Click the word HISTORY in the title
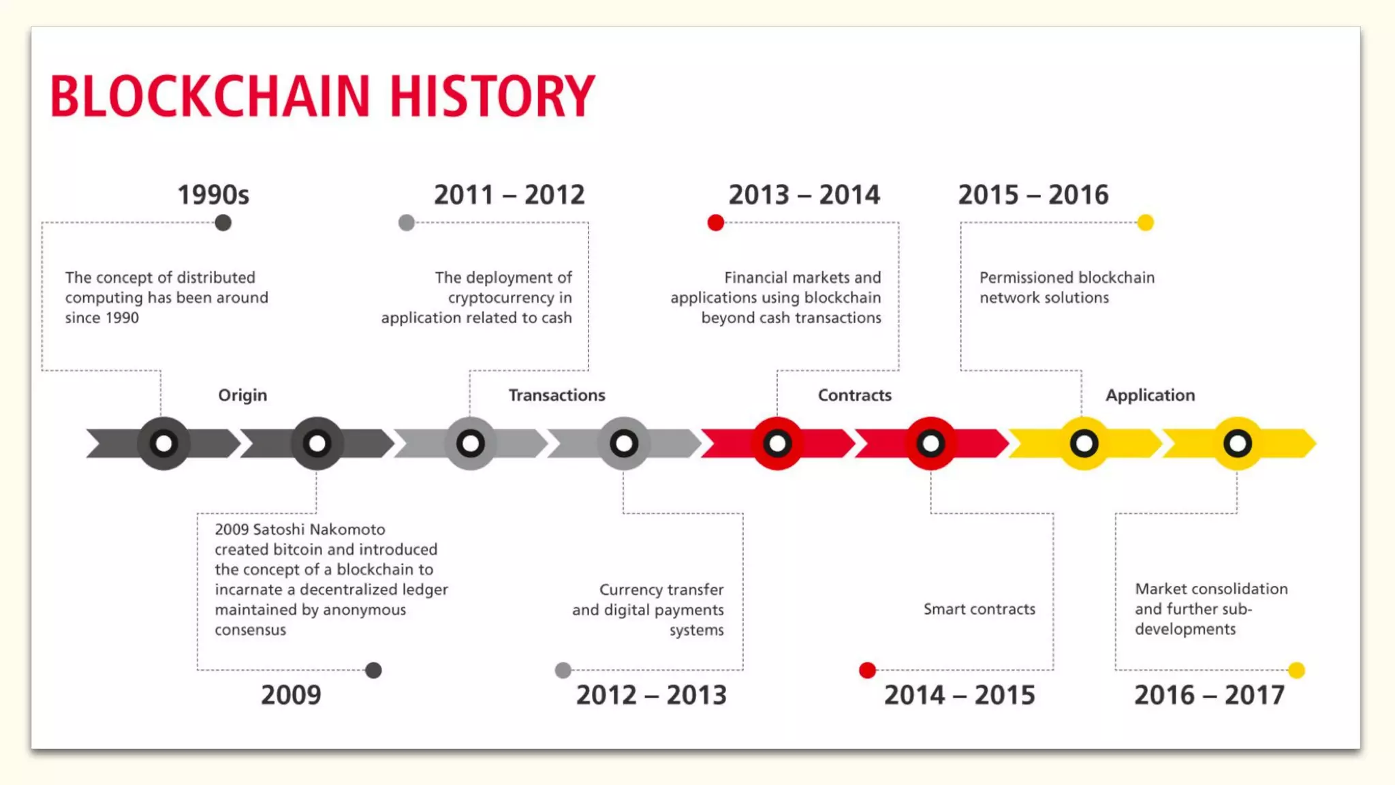click(492, 96)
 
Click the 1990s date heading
click(213, 195)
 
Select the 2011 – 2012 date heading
click(510, 195)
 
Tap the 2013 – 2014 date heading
click(804, 195)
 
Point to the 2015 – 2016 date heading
click(1033, 195)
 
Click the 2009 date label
click(291, 695)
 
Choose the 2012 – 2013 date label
click(651, 695)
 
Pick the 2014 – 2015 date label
click(959, 695)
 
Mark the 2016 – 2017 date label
click(1209, 695)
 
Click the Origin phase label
click(242, 395)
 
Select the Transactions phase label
click(557, 395)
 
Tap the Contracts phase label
click(854, 395)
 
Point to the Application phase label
click(1150, 395)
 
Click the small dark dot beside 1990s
click(223, 223)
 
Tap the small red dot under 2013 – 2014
click(715, 223)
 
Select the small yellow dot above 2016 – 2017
click(1296, 671)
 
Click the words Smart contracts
click(979, 609)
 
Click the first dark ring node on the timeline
click(163, 444)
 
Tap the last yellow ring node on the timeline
click(1237, 444)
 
